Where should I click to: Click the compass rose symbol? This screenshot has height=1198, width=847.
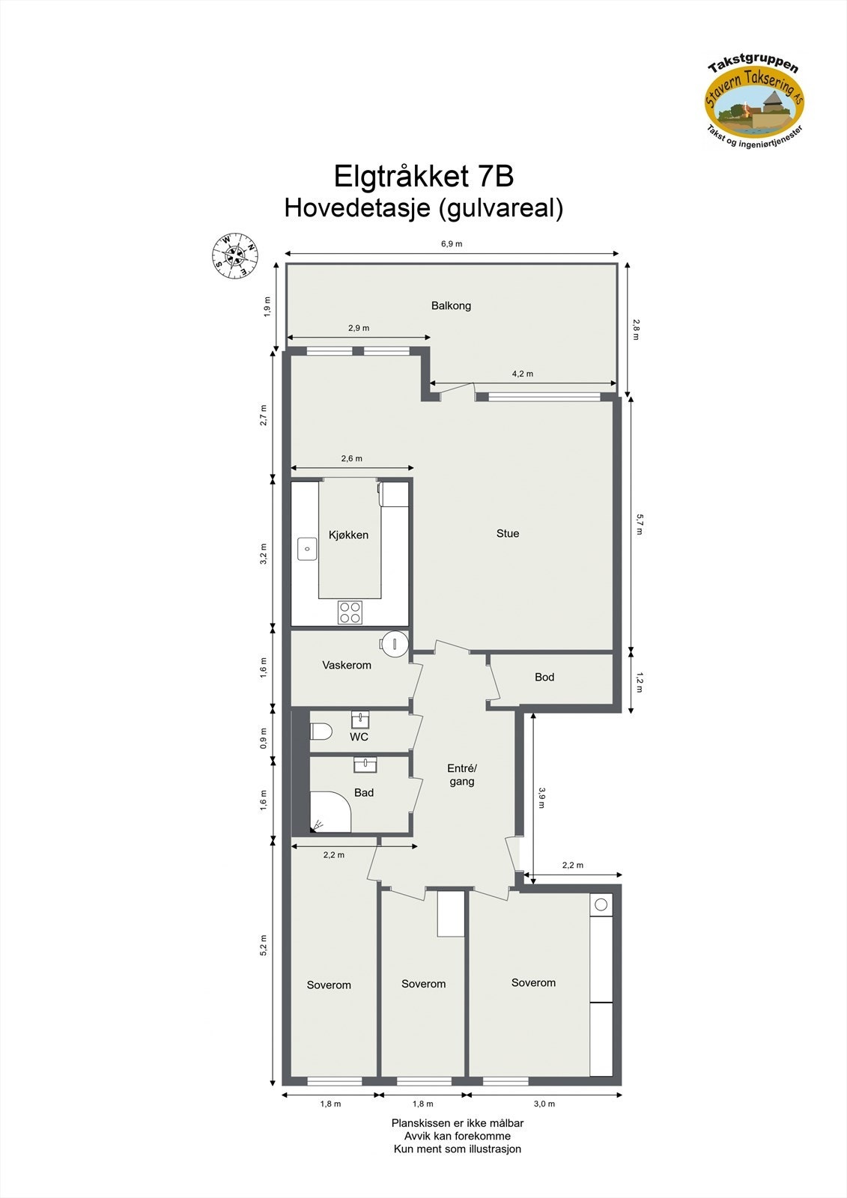click(x=234, y=255)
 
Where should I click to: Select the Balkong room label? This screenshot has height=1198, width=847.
click(x=451, y=305)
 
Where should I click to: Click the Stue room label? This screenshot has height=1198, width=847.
click(x=508, y=533)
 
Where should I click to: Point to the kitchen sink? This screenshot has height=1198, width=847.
click(x=307, y=548)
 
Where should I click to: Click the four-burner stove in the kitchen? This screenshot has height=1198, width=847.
click(x=350, y=612)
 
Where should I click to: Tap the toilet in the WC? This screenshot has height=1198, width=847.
click(x=321, y=732)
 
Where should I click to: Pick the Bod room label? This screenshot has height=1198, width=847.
click(x=544, y=677)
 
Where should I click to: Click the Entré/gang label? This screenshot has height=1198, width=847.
click(x=462, y=775)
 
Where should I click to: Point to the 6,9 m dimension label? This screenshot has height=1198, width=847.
click(x=452, y=244)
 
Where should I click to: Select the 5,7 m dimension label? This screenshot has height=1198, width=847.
click(x=639, y=524)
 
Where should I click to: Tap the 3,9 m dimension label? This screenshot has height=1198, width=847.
click(x=541, y=796)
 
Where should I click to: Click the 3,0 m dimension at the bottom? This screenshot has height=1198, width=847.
click(x=544, y=1104)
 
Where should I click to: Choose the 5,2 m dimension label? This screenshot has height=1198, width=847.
click(x=264, y=945)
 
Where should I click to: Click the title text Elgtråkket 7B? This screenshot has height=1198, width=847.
click(x=423, y=177)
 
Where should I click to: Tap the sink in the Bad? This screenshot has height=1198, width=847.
click(x=365, y=764)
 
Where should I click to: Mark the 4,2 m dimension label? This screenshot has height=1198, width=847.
click(x=523, y=374)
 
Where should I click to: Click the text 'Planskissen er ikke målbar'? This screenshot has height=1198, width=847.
click(x=458, y=1123)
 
